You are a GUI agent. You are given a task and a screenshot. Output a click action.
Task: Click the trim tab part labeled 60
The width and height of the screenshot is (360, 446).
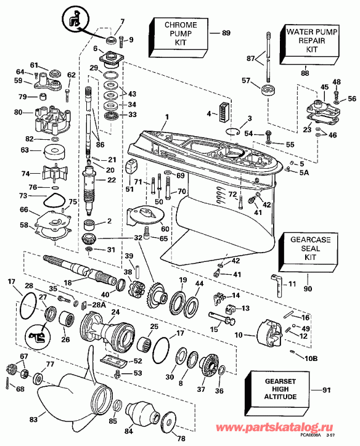[142, 215]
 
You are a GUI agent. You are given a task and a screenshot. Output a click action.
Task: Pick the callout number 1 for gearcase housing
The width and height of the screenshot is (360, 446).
[165, 118]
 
